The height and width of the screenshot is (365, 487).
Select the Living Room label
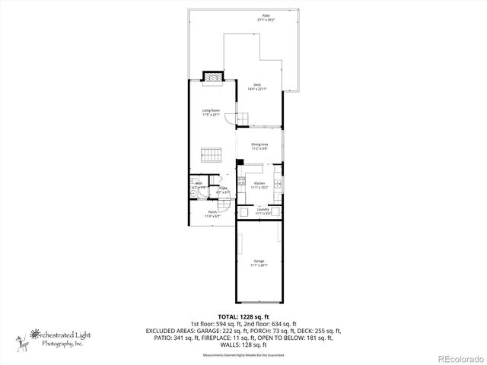211,113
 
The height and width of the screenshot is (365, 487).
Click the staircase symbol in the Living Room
211,155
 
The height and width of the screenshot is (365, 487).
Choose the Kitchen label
259,185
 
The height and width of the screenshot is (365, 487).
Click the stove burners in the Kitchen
241,182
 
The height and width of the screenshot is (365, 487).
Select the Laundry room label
263,211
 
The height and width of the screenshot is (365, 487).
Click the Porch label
213,214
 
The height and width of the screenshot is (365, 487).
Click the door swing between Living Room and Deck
230,117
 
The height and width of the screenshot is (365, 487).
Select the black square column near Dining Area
240,162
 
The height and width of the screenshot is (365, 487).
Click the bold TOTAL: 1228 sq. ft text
243,316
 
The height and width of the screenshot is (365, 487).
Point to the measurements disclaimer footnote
243,355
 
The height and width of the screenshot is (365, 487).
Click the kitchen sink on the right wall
279,183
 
